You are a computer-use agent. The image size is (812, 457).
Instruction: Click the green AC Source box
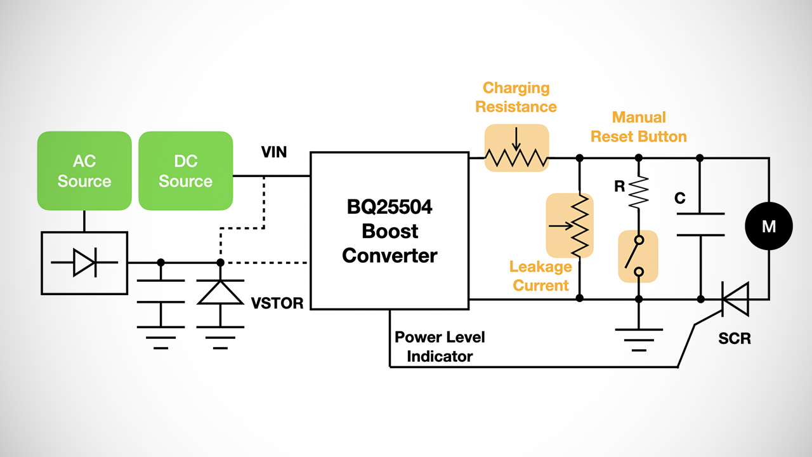coord(84,171)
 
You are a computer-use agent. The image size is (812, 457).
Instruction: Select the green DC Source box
coord(185,171)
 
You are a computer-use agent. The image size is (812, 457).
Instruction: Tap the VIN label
coord(274,152)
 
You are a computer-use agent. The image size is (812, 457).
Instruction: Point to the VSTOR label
coord(277,303)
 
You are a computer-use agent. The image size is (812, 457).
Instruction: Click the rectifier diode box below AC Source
coord(84,263)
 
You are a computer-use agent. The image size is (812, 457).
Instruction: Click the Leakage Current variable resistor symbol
coord(570,225)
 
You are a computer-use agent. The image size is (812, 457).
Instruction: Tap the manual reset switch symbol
coord(638,256)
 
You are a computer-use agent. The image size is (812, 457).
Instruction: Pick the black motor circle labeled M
coord(768,227)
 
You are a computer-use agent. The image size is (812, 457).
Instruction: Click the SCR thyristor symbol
coord(734,298)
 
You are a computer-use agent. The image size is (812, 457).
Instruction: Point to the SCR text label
coord(735,339)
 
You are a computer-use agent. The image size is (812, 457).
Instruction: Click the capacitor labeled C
coord(700,224)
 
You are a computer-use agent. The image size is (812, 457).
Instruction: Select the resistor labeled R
coord(638,192)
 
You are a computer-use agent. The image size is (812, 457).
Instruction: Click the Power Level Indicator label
coord(440,347)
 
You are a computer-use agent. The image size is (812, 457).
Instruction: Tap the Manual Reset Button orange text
coord(639,127)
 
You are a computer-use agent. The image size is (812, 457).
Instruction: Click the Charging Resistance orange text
coord(516,97)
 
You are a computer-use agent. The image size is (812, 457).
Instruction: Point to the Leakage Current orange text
coord(541,277)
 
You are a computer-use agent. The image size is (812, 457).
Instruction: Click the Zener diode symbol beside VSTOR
coord(219,291)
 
